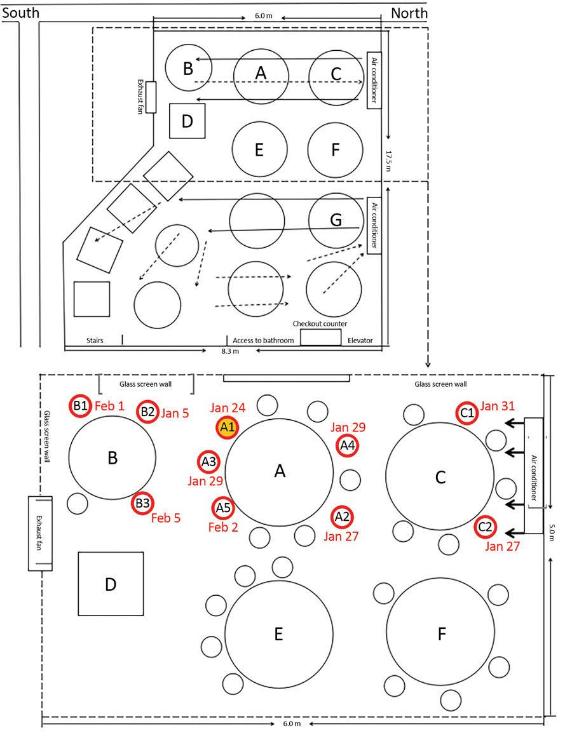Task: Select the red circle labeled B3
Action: tap(142, 504)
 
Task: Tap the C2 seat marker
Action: tap(485, 526)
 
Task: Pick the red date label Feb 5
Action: tap(166, 518)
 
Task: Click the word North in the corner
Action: tap(409, 13)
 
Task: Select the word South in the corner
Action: tap(21, 13)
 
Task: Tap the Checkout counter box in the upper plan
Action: tap(320, 337)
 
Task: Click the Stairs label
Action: tap(95, 340)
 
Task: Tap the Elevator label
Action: tap(360, 340)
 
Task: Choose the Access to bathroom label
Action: tap(263, 340)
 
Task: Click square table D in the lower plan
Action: tap(111, 583)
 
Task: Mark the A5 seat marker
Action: tap(222, 508)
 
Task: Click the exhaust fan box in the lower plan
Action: tap(39, 532)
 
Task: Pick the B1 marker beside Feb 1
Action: tap(80, 406)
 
